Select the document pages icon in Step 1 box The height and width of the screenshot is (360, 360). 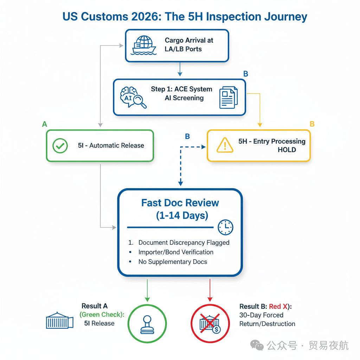[x=228, y=97]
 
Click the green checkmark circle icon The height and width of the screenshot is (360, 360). [x=60, y=146]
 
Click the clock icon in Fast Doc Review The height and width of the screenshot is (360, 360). [x=225, y=227]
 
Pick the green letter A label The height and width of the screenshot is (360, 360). [x=44, y=124]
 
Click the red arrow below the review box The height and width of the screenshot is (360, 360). [x=210, y=290]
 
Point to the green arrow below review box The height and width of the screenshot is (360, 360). [x=147, y=290]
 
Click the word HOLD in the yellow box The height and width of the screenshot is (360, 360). [x=287, y=150]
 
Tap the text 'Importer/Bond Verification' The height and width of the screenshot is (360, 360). [x=176, y=252]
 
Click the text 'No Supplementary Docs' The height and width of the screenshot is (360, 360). [x=173, y=262]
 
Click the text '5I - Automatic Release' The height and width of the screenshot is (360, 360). [x=111, y=146]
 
